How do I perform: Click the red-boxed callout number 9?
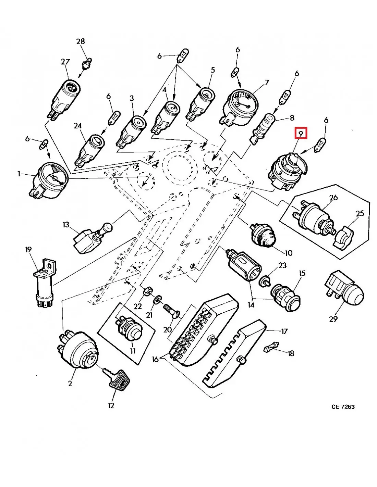point(300,133)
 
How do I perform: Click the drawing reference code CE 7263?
point(343,407)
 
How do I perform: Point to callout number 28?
point(80,41)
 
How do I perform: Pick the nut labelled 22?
point(146,291)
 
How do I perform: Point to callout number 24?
point(78,126)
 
